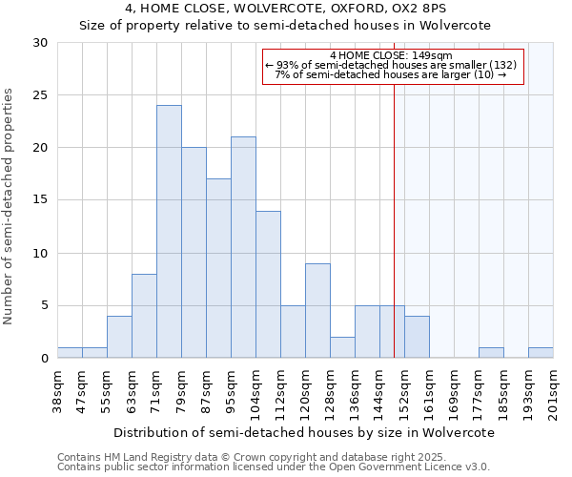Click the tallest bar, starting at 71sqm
pyautogui.click(x=169, y=232)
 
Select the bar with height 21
pyautogui.click(x=243, y=247)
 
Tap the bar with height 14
pyautogui.click(x=268, y=284)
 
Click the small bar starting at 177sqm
pyautogui.click(x=491, y=353)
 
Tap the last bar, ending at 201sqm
pyautogui.click(x=541, y=353)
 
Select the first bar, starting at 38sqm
pyautogui.click(x=70, y=353)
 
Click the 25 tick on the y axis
pyautogui.click(x=42, y=95)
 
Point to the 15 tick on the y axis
pyautogui.click(x=42, y=200)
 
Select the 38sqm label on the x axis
pyautogui.click(x=58, y=390)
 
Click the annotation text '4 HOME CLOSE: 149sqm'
pyautogui.click(x=392, y=55)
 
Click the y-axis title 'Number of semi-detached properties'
pyautogui.click(x=10, y=206)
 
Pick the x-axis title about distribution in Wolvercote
pyautogui.click(x=305, y=432)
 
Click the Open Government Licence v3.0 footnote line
pyautogui.click(x=273, y=467)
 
